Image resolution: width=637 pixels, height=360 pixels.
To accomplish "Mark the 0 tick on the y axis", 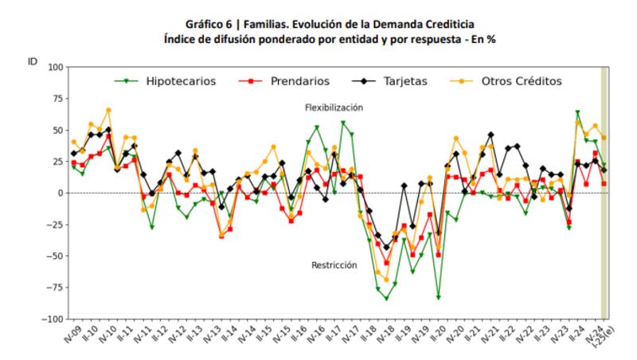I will [x=59, y=193].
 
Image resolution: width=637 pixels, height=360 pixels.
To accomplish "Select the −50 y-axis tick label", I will [x=53, y=256].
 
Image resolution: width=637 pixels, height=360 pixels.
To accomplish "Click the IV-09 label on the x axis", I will [x=70, y=334].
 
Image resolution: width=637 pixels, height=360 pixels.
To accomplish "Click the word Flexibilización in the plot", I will [x=334, y=108].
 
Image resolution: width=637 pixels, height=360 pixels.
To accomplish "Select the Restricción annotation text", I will [x=334, y=265].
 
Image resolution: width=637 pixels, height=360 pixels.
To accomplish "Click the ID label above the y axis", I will [x=33, y=60].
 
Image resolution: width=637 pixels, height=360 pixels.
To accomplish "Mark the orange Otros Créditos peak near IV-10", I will [x=108, y=110].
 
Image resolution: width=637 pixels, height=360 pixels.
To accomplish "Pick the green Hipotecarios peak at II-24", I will [x=577, y=112].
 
